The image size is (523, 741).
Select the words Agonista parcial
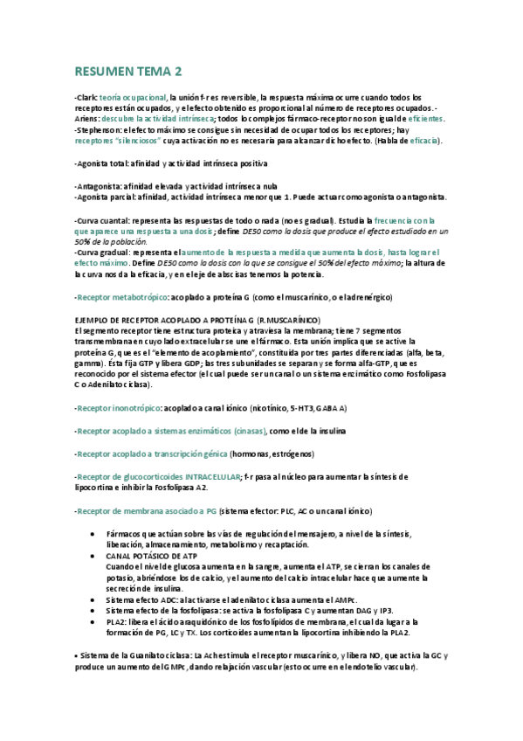104,197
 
